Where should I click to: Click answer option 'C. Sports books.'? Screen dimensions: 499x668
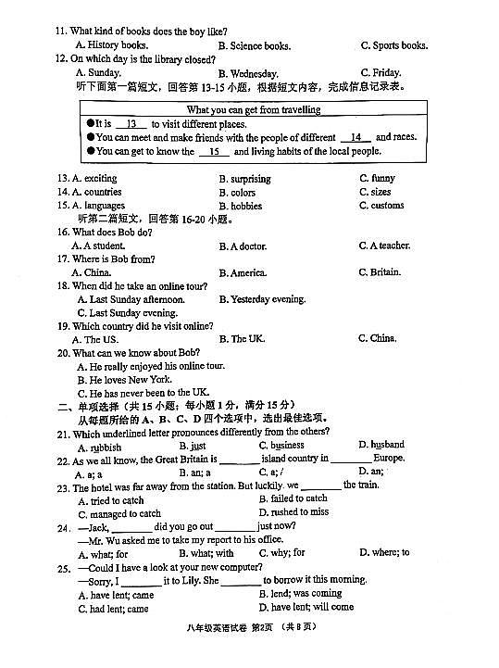click(393, 45)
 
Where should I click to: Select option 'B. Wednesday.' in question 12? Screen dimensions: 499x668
click(248, 73)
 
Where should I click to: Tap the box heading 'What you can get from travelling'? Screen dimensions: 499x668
click(253, 109)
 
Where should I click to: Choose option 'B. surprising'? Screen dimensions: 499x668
click(244, 179)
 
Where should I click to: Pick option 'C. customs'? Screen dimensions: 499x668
click(381, 206)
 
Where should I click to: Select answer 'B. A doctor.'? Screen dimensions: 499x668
click(243, 246)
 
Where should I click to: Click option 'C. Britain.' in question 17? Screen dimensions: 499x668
click(380, 272)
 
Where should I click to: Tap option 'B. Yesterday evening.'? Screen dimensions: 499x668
click(262, 299)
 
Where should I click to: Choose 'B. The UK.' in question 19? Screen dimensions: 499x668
click(242, 339)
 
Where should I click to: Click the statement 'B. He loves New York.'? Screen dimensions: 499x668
click(124, 380)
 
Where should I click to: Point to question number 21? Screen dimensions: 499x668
click(63, 433)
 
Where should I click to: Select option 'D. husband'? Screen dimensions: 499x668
click(381, 446)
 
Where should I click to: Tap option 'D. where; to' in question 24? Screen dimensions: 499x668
click(384, 553)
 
